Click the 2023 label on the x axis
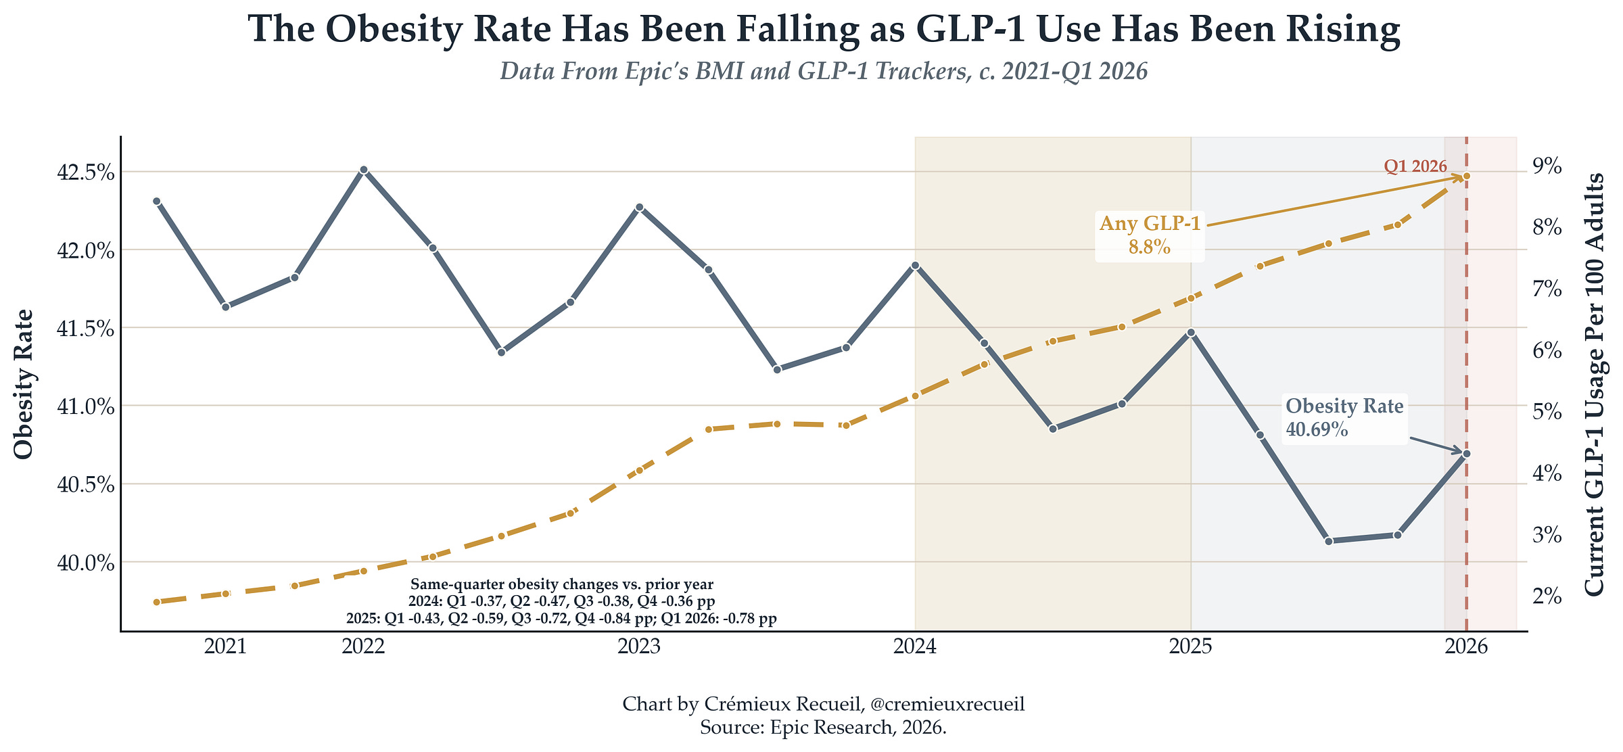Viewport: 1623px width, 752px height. (639, 647)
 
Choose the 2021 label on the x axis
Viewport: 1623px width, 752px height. (225, 647)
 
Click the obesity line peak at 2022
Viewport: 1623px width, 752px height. (364, 170)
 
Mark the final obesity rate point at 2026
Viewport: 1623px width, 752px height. (1466, 454)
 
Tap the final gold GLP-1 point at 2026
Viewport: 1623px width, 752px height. (1466, 176)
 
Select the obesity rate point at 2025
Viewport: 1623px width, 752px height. (1191, 333)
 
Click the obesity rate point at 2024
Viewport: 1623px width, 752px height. (915, 265)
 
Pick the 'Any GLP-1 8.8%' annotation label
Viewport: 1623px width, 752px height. (1150, 235)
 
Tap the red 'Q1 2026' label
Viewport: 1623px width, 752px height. (1415, 166)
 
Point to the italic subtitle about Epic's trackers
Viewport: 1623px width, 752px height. (824, 71)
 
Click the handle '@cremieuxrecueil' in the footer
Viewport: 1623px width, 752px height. (947, 704)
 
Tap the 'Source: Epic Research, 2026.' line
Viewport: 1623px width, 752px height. (823, 728)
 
